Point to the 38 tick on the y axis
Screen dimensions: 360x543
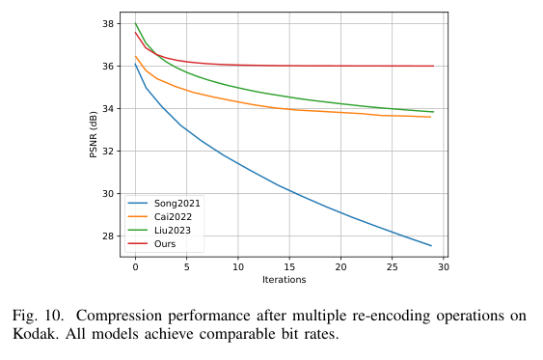coord(109,24)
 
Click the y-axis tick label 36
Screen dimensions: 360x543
coord(109,67)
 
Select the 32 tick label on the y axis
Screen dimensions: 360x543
coord(109,152)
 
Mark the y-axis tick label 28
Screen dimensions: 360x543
coord(109,236)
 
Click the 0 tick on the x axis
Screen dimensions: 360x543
coord(135,266)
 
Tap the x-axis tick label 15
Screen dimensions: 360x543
coord(289,266)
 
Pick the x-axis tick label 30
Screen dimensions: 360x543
coord(444,266)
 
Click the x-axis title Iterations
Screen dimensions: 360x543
coord(284,280)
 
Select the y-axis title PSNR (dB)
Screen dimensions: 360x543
coord(95,134)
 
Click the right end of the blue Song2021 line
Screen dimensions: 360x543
coord(431,246)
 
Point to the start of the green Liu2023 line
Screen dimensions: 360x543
coord(135,23)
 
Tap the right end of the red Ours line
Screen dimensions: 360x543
coord(433,66)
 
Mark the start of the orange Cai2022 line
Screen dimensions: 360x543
coord(135,56)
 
